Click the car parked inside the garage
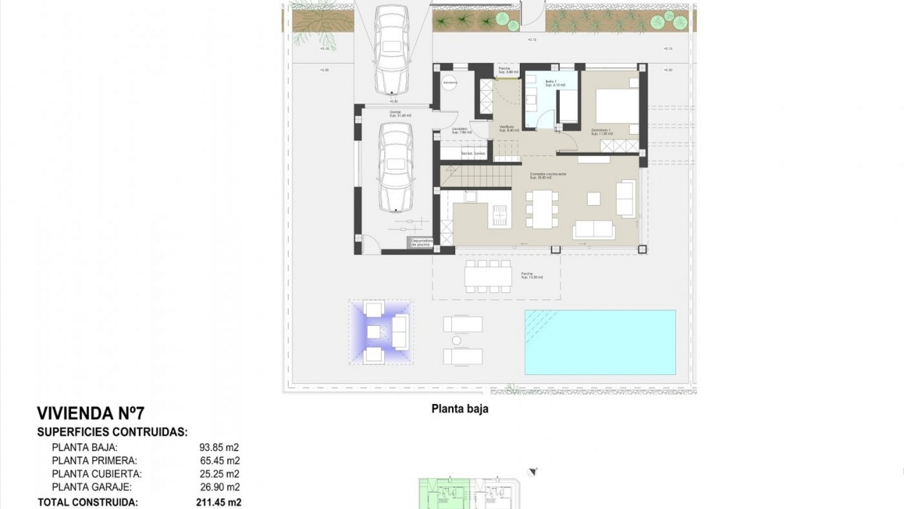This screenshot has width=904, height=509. click(x=395, y=167)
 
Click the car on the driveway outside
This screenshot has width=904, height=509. click(x=392, y=49)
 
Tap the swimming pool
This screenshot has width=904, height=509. click(x=600, y=342)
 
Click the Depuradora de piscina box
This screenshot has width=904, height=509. click(x=421, y=243)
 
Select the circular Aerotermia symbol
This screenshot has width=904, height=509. click(x=450, y=82)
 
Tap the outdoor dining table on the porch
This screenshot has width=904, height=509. click(x=488, y=277)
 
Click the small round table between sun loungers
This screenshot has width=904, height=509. click(x=456, y=340)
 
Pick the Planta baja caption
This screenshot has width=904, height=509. click(x=460, y=409)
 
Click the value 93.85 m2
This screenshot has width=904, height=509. click(x=219, y=448)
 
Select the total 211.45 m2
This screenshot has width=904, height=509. click(x=218, y=502)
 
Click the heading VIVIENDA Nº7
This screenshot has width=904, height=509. click(x=90, y=413)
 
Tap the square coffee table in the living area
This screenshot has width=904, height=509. click(x=593, y=199)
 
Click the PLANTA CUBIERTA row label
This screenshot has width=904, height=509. click(x=97, y=474)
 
